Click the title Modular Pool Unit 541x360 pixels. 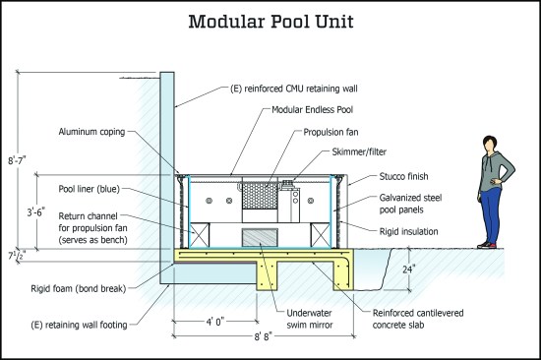click(270, 22)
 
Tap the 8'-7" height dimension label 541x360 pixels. click(18, 160)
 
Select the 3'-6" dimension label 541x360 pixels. click(36, 212)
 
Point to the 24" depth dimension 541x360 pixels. click(409, 269)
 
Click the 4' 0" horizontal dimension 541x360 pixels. click(215, 322)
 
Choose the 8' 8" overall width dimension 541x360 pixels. click(264, 336)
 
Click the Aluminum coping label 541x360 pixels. click(91, 132)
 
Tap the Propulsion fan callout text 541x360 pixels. click(331, 132)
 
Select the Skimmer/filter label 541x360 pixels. click(359, 151)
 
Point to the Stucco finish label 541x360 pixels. click(403, 176)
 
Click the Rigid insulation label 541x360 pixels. click(409, 231)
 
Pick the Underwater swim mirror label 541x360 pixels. click(310, 319)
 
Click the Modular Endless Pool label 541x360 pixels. click(312, 110)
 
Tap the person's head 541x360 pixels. click(490, 143)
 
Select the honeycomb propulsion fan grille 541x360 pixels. click(260, 196)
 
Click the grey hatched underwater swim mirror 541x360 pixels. click(260, 237)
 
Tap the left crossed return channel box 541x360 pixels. click(200, 235)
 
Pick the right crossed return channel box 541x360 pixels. click(321, 235)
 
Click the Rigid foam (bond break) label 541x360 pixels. click(79, 288)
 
